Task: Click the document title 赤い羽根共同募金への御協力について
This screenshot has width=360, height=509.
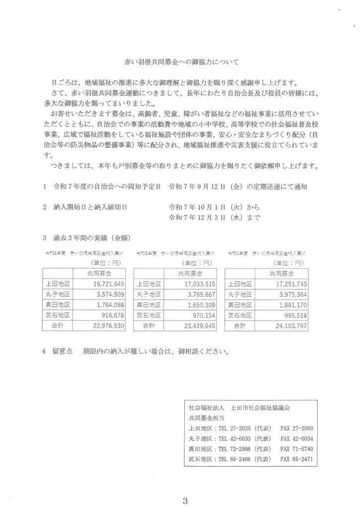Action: pyautogui.click(x=181, y=62)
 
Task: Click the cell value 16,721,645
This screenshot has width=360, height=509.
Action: pyautogui.click(x=106, y=284)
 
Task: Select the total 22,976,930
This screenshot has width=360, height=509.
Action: pyautogui.click(x=105, y=326)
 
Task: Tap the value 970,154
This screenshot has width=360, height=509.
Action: pyautogui.click(x=202, y=315)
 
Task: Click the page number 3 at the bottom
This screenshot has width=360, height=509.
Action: pyautogui.click(x=184, y=500)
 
